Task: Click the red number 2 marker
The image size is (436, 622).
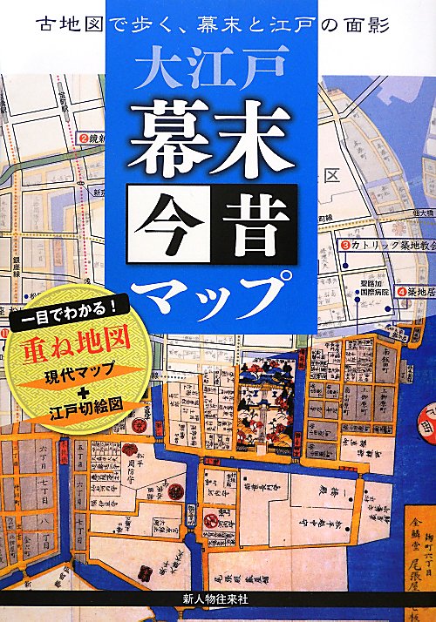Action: tap(85, 138)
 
